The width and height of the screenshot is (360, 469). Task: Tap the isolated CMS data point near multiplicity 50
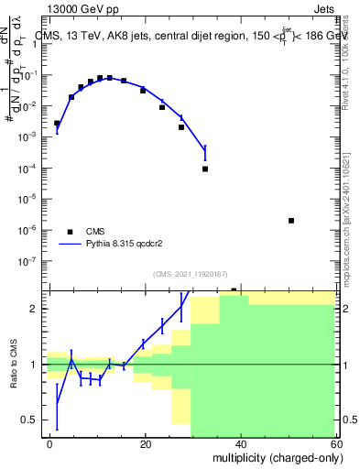[290, 221]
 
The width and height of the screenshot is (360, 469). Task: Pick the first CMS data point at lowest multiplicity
[57, 123]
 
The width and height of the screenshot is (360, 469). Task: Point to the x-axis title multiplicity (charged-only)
[274, 456]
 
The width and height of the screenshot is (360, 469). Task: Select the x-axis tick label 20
[145, 443]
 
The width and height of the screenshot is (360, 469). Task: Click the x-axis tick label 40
[240, 443]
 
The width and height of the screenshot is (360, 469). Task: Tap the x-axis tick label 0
[50, 443]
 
